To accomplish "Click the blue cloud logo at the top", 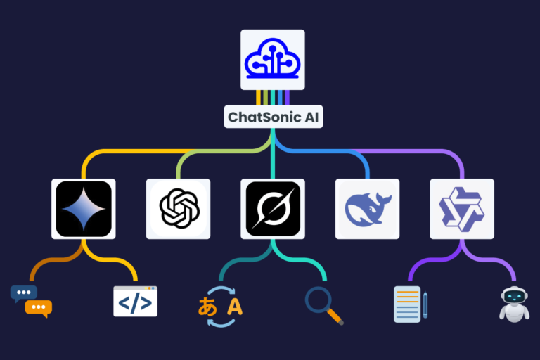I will pyautogui.click(x=272, y=59).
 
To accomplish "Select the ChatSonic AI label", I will pyautogui.click(x=274, y=117).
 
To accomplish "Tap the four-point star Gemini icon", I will pyautogui.click(x=83, y=209).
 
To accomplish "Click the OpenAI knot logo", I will pyautogui.click(x=179, y=209).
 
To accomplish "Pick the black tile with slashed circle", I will pyautogui.click(x=273, y=209).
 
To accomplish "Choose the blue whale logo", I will pyautogui.click(x=367, y=209).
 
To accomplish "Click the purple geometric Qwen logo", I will pyautogui.click(x=461, y=209).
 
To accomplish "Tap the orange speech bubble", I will pyautogui.click(x=39, y=308).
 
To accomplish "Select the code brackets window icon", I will pyautogui.click(x=135, y=301).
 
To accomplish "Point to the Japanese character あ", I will pyautogui.click(x=208, y=307).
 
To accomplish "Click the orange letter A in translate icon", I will pyautogui.click(x=235, y=307).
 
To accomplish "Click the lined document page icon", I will pyautogui.click(x=407, y=304).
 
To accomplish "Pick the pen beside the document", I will pyautogui.click(x=425, y=304).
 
